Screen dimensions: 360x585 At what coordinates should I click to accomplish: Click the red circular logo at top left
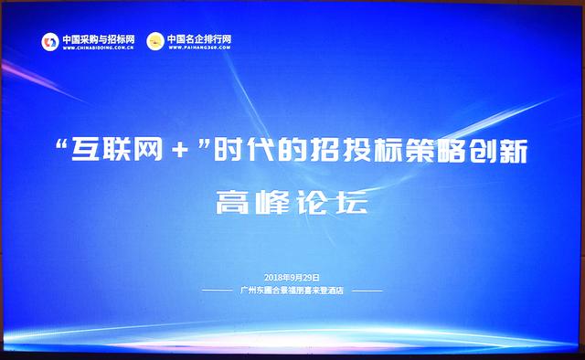pyautogui.click(x=49, y=42)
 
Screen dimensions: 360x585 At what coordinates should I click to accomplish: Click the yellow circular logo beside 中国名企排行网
pyautogui.click(x=155, y=41)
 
